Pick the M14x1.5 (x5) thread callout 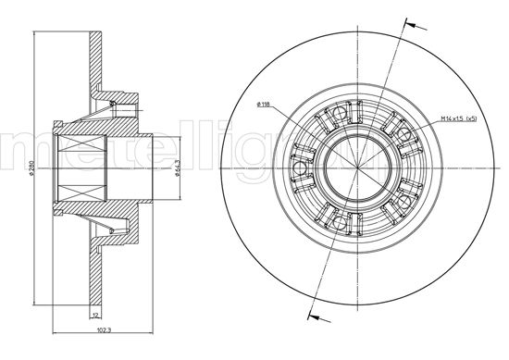tap(458, 117)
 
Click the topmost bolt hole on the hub tap(340, 116)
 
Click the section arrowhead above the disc tap(403, 27)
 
